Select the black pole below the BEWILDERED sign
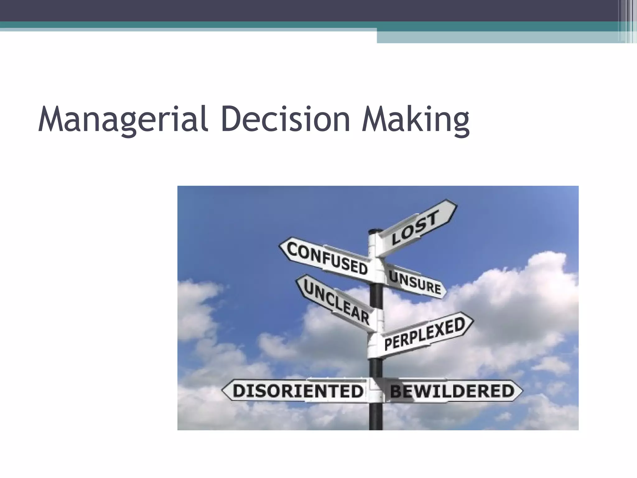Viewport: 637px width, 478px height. [x=376, y=417]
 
